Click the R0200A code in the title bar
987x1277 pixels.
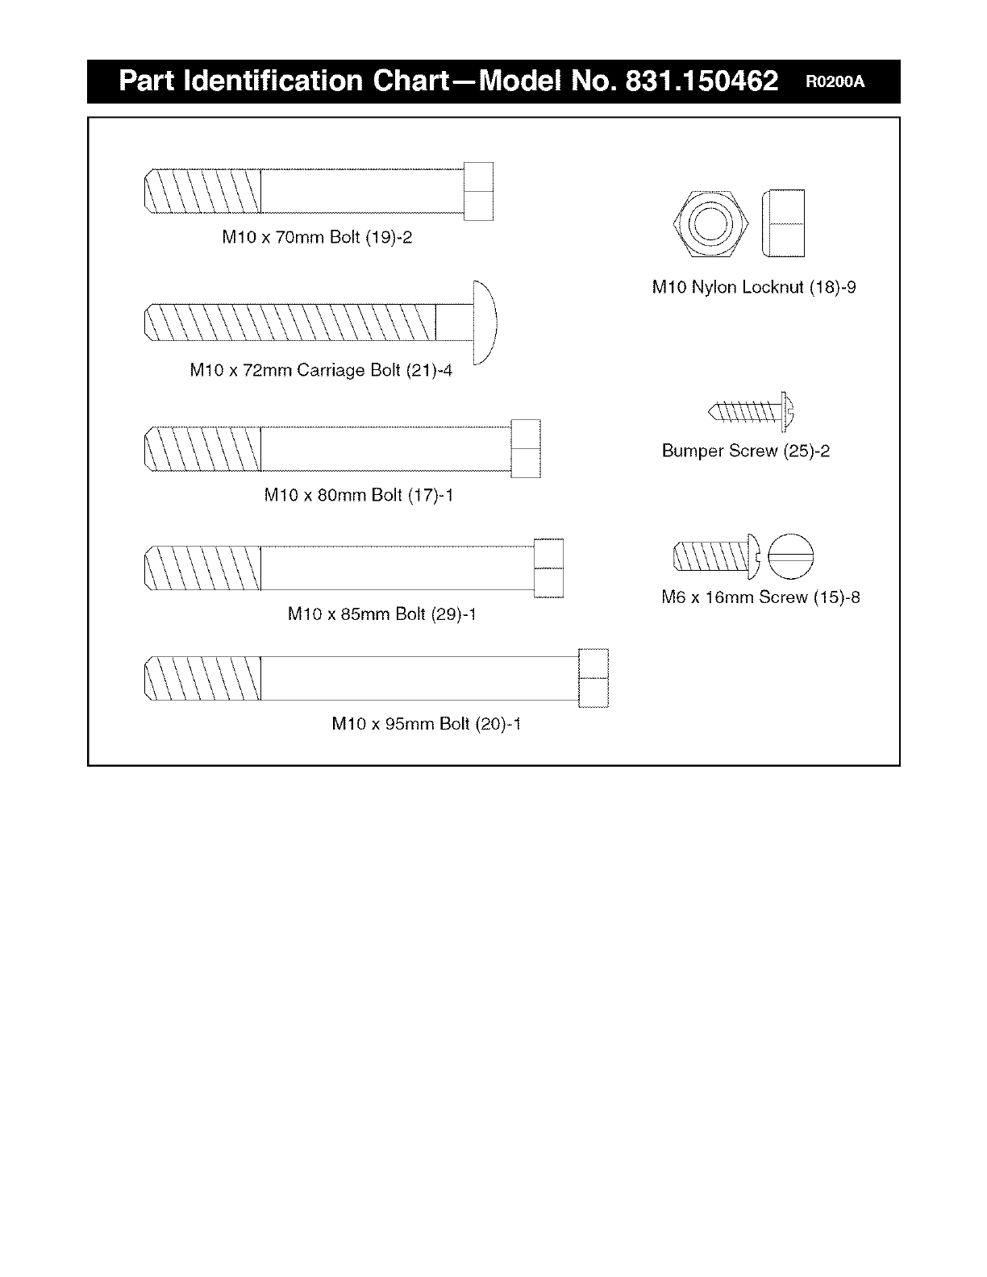(x=833, y=81)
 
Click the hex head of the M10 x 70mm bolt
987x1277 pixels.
(x=478, y=190)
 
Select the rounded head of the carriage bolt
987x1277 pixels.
(x=484, y=322)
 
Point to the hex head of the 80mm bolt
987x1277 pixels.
(x=526, y=448)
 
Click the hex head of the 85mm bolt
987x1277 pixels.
(x=548, y=568)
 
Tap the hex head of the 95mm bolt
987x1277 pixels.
(x=593, y=677)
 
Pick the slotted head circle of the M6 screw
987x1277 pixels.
(x=792, y=557)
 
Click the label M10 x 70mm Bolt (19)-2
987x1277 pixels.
(x=317, y=238)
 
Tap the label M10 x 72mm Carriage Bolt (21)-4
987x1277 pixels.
(x=321, y=370)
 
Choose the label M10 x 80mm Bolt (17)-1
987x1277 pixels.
(x=358, y=495)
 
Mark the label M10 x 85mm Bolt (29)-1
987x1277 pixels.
(x=381, y=614)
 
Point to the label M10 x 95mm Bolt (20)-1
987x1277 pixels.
(x=426, y=724)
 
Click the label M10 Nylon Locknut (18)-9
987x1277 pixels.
(x=753, y=287)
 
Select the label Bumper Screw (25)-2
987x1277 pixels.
(x=745, y=451)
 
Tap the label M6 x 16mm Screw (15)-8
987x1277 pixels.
(x=760, y=597)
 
